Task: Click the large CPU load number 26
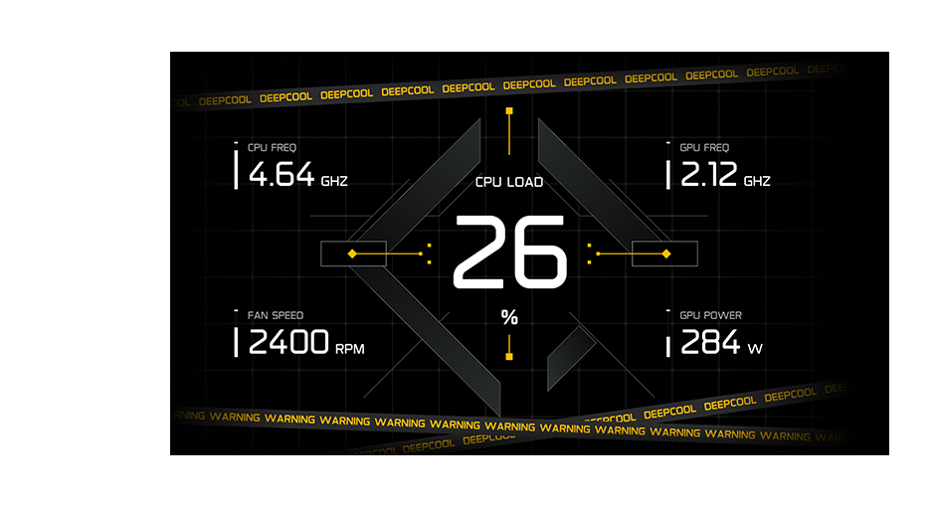pyautogui.click(x=509, y=254)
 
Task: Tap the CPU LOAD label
pyautogui.click(x=509, y=182)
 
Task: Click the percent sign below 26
pyautogui.click(x=509, y=317)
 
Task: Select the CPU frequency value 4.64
pyautogui.click(x=281, y=176)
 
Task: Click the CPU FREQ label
pyautogui.click(x=272, y=147)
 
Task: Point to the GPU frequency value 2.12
pyautogui.click(x=708, y=176)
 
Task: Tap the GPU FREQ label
pyautogui.click(x=704, y=147)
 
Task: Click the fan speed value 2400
pyautogui.click(x=288, y=343)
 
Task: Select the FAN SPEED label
pyautogui.click(x=276, y=315)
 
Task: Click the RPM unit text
pyautogui.click(x=350, y=349)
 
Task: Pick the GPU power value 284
pyautogui.click(x=710, y=343)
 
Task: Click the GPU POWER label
pyautogui.click(x=710, y=315)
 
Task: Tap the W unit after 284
pyautogui.click(x=755, y=349)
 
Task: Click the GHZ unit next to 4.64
pyautogui.click(x=334, y=182)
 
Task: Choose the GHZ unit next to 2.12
pyautogui.click(x=756, y=182)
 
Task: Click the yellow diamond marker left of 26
pyautogui.click(x=352, y=254)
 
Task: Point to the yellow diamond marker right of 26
pyautogui.click(x=666, y=254)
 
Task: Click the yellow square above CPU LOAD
pyautogui.click(x=509, y=111)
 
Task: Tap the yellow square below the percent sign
pyautogui.click(x=509, y=354)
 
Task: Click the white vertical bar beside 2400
pyautogui.click(x=236, y=342)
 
